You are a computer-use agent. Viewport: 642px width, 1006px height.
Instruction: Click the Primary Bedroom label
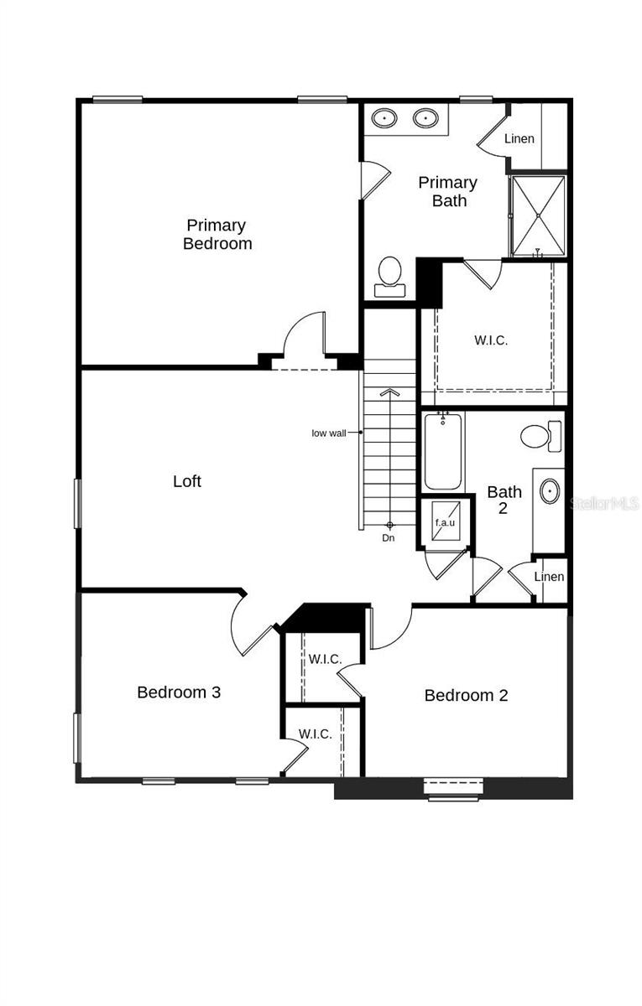click(217, 235)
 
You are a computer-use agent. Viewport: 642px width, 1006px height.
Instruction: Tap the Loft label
click(187, 481)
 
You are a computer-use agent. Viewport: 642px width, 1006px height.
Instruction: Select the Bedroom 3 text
click(179, 692)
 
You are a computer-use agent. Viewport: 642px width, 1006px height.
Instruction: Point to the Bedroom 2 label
click(466, 695)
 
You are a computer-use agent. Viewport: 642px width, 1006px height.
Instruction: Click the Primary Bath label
click(448, 192)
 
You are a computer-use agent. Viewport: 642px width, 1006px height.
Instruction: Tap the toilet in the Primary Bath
click(389, 275)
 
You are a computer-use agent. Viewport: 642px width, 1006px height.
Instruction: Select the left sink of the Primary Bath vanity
click(385, 118)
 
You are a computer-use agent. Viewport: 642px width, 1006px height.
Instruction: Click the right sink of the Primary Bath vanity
click(426, 118)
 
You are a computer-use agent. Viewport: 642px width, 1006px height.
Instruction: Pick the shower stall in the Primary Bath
click(538, 215)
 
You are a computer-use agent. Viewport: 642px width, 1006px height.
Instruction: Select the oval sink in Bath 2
click(550, 491)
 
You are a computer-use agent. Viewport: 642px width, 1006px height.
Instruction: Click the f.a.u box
click(444, 522)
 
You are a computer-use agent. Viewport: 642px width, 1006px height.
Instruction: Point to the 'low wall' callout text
click(329, 433)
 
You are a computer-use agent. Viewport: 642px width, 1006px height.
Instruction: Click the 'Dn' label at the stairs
click(389, 538)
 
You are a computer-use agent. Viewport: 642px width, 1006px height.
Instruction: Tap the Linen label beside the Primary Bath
click(519, 138)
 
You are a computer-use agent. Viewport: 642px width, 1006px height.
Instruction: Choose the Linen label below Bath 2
click(549, 577)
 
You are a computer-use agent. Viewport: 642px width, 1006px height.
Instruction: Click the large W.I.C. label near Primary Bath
click(491, 340)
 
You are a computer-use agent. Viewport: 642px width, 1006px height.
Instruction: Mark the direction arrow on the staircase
click(389, 392)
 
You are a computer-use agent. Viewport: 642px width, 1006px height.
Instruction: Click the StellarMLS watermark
click(604, 504)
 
